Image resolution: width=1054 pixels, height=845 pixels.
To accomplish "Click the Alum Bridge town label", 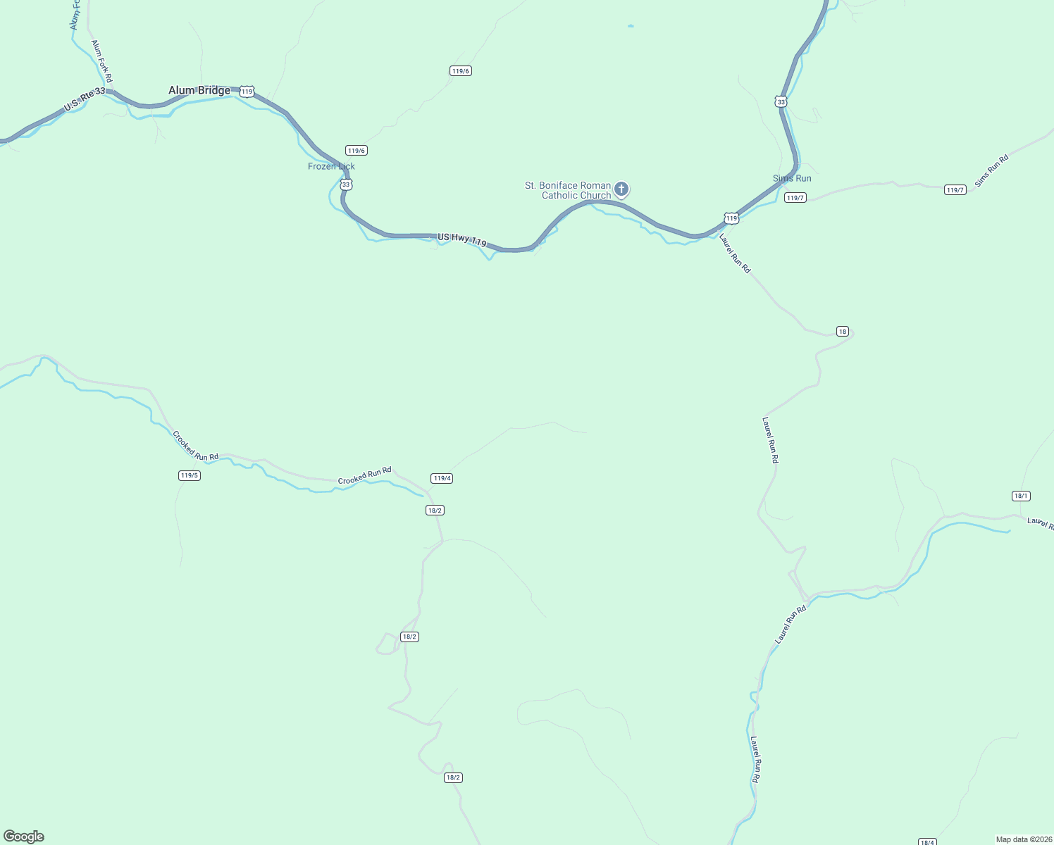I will click(199, 91).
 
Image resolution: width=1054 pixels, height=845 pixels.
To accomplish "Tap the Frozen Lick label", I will click(331, 167).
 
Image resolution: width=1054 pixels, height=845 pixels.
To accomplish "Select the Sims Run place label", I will click(792, 179).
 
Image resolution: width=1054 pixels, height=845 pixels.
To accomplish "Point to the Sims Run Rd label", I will click(991, 170).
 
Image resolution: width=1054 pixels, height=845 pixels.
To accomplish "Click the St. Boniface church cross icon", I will click(621, 188).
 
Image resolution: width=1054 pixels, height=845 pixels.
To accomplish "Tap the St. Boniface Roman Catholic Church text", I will click(568, 190).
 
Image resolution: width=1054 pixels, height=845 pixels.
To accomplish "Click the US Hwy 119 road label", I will click(462, 239).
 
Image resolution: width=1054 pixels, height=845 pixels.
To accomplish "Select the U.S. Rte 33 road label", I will click(85, 99).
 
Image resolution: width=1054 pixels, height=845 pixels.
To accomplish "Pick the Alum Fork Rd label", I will click(101, 61).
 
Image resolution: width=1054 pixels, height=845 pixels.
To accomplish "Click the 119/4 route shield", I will click(442, 479).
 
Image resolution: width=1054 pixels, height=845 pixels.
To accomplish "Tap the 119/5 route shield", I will click(190, 475).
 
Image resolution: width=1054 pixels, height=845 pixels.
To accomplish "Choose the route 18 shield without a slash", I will click(843, 332).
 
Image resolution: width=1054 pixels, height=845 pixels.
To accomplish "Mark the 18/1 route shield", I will click(1021, 496).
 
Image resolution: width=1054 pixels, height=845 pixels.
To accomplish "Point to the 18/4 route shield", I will click(928, 842).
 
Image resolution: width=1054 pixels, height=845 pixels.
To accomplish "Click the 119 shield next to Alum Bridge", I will click(247, 92).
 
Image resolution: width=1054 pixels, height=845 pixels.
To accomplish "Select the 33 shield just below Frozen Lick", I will click(345, 184).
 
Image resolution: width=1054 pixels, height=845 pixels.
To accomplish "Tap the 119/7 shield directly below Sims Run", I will click(795, 198).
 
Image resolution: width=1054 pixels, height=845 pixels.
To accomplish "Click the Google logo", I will click(24, 837).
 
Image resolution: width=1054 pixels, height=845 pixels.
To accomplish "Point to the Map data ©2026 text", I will click(1024, 839).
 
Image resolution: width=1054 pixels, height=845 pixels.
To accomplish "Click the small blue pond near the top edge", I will click(630, 27).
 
